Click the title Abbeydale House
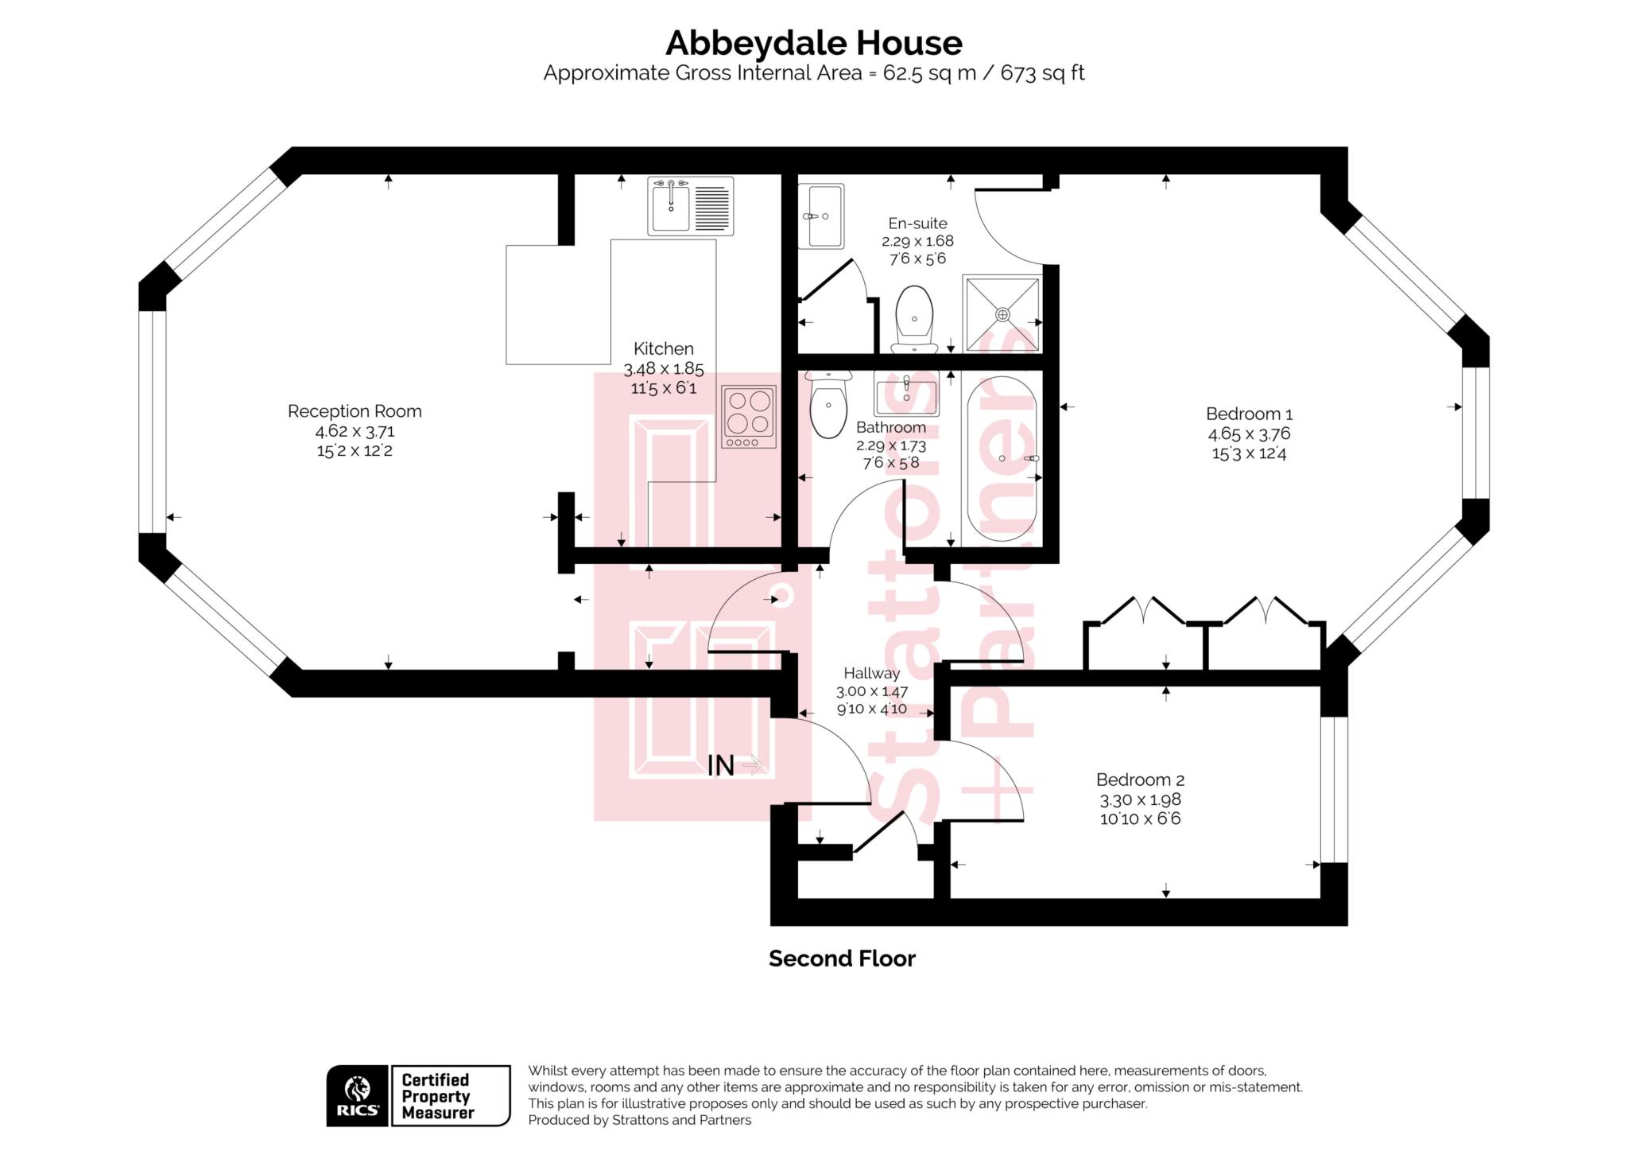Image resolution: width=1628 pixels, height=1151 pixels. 813,43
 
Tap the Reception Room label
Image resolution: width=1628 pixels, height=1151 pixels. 355,411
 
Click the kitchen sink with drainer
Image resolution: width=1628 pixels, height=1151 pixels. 691,206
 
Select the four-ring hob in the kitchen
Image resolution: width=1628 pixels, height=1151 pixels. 749,417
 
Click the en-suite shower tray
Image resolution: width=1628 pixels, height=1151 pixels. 1002,313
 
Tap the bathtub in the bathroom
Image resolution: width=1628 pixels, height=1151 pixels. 1002,460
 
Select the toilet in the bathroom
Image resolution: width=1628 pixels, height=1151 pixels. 828,405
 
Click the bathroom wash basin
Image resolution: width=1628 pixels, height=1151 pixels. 906,393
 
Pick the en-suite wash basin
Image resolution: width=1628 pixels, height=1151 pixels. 821,216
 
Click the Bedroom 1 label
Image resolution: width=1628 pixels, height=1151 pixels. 1249,414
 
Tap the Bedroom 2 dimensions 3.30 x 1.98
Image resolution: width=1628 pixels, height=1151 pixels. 1140,799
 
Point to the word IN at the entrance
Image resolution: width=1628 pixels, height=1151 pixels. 721,766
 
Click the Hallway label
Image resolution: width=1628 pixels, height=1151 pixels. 872,673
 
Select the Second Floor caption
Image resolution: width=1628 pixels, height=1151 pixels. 842,959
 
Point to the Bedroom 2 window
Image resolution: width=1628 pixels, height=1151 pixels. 1334,790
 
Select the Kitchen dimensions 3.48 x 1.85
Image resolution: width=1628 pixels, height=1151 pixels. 664,369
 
